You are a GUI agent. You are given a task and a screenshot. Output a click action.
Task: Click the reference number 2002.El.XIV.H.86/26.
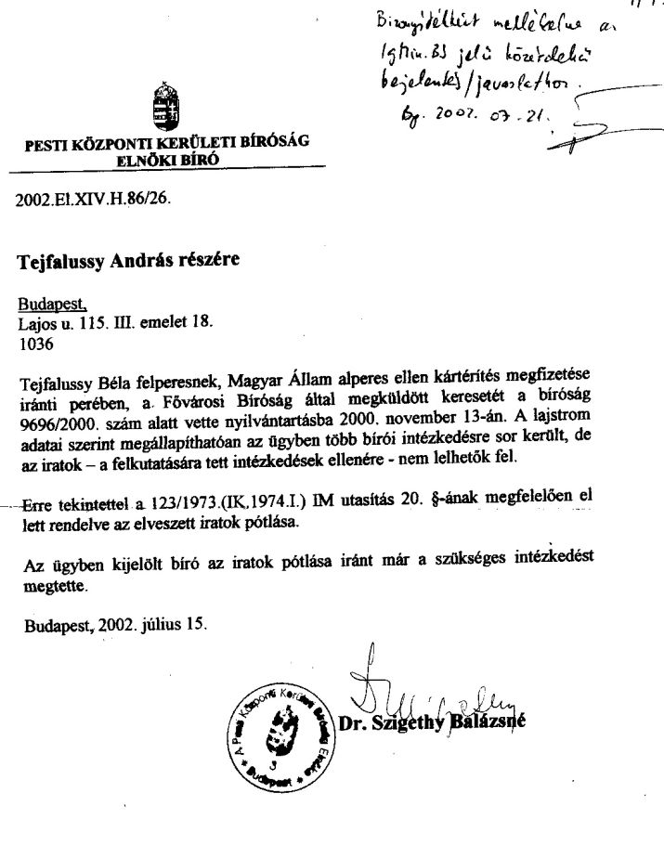(x=93, y=199)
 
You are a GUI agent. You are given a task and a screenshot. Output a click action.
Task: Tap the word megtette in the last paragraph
(x=54, y=587)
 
